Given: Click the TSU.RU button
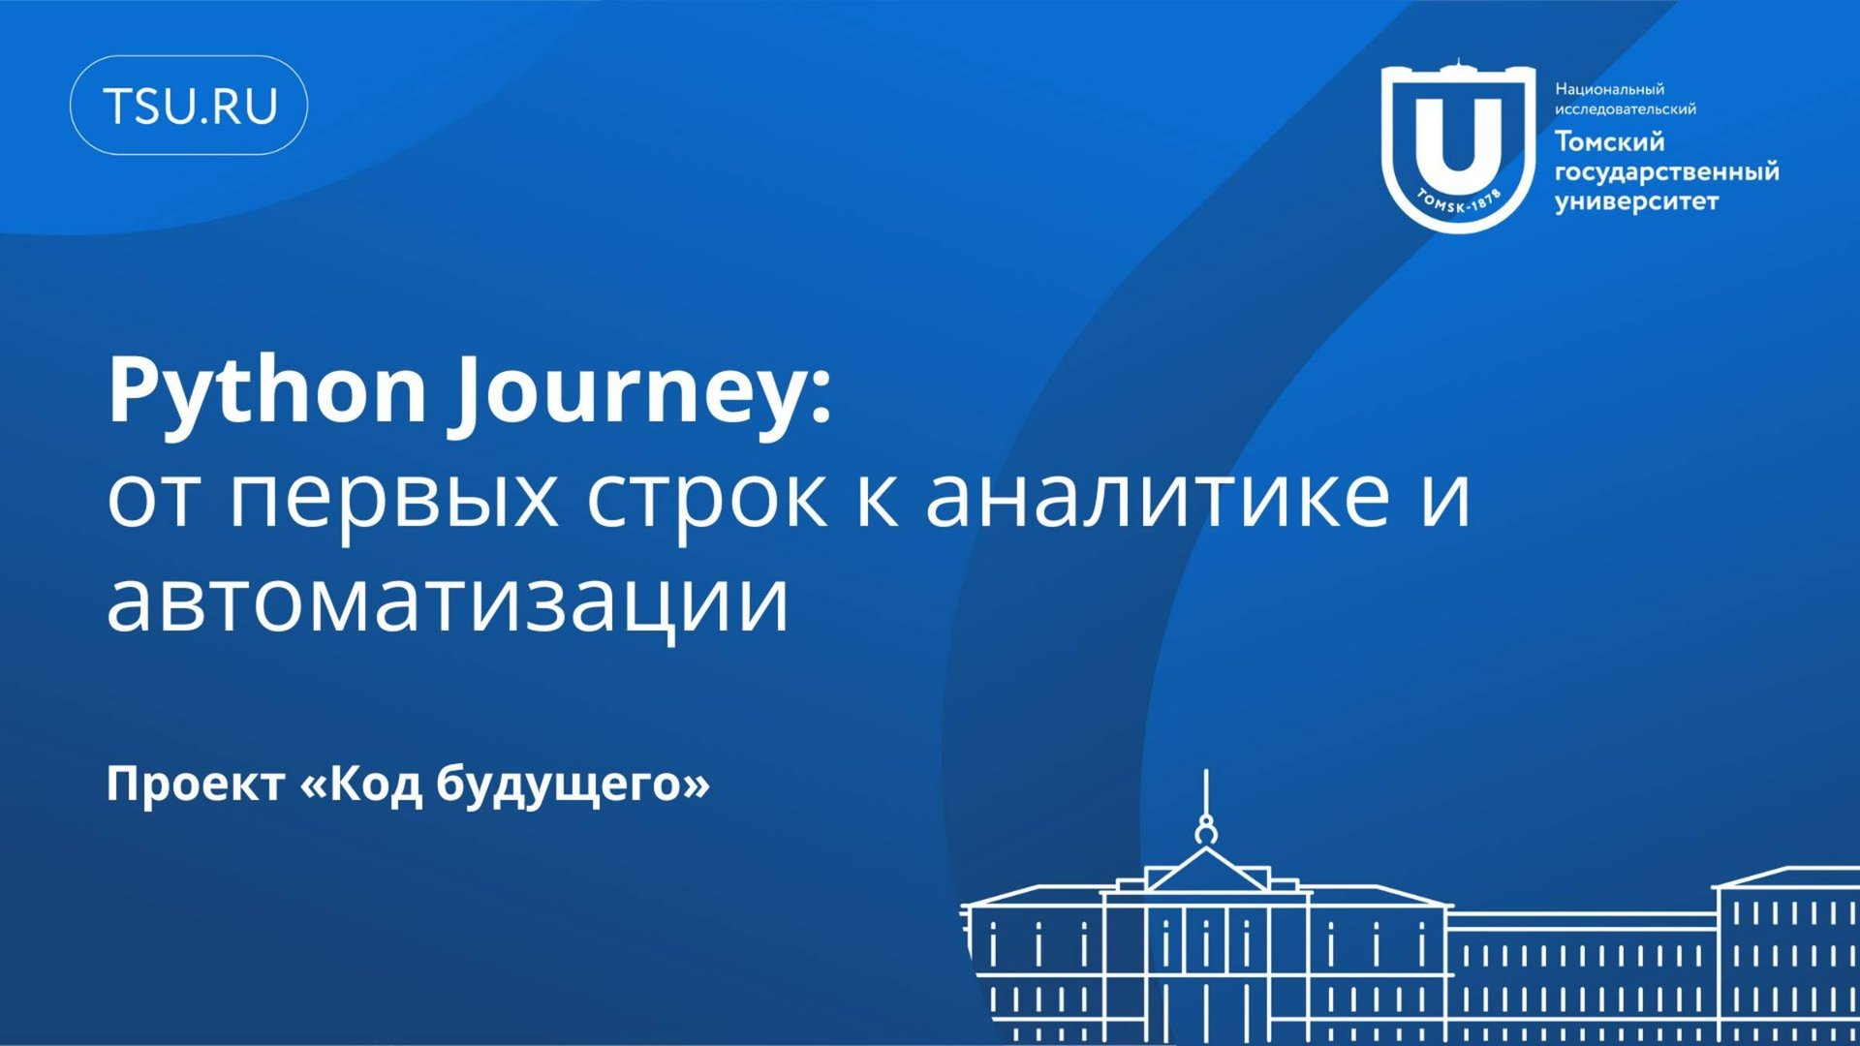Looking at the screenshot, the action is (x=189, y=106).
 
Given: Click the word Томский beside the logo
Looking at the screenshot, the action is (x=1609, y=141).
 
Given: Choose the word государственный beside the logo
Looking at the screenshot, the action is (x=1667, y=172).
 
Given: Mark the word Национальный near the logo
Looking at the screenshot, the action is (x=1609, y=89).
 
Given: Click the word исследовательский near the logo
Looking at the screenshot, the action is (x=1626, y=109).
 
